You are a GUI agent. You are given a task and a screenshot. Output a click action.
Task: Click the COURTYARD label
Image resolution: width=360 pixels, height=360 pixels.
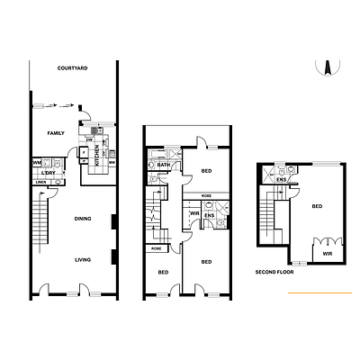(72, 68)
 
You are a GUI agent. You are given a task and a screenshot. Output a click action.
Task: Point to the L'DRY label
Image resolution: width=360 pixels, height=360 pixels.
(51, 172)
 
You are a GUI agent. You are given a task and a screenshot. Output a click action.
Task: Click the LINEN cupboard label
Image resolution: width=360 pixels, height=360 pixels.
(41, 183)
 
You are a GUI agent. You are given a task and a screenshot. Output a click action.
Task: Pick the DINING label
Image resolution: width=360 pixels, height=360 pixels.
(83, 219)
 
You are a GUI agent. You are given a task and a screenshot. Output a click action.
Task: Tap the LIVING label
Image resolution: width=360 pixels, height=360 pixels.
(83, 260)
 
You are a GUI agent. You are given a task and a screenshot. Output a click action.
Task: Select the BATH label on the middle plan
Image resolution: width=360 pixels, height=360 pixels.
(164, 166)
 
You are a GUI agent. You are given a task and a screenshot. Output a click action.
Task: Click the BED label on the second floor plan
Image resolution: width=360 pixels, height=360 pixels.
(316, 207)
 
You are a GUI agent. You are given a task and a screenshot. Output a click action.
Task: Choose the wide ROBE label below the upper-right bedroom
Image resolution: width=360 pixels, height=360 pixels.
(206, 195)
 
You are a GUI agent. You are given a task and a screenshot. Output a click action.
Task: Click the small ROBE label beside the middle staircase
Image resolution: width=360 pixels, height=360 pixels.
(156, 248)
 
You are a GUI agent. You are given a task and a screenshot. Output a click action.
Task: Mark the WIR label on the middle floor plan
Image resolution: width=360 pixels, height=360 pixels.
(194, 213)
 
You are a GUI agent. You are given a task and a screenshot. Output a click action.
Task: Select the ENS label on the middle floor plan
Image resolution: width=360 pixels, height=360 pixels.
(209, 216)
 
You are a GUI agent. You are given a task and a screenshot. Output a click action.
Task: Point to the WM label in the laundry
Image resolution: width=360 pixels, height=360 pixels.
(37, 163)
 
